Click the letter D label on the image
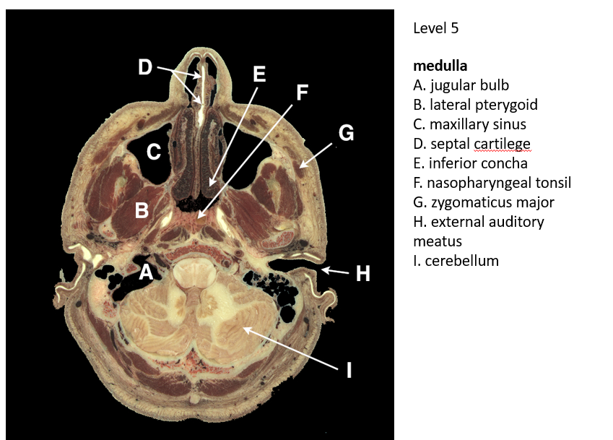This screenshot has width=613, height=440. (146, 68)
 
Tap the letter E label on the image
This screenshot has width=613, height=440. (259, 74)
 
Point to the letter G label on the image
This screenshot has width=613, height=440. (346, 133)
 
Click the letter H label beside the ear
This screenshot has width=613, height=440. (363, 273)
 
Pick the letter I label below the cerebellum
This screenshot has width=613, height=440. (349, 371)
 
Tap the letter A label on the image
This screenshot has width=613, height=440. (146, 272)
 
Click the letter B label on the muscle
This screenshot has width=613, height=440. (142, 211)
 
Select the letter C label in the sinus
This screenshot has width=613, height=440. (153, 152)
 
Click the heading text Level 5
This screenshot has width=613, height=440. (435, 29)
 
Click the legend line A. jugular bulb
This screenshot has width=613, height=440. (461, 85)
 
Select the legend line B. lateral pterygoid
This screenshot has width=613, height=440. (475, 105)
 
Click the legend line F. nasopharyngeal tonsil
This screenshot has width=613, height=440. (492, 183)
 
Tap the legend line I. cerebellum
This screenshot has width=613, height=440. (456, 261)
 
